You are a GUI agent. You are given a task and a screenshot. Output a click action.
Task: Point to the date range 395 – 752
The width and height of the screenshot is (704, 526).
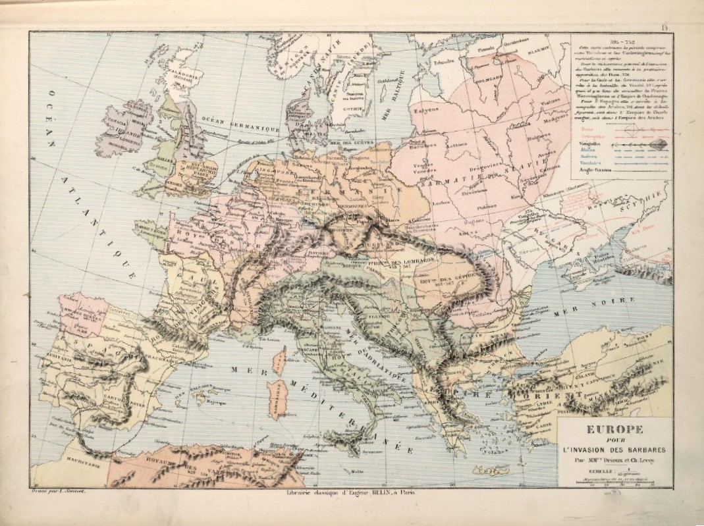click(617, 42)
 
